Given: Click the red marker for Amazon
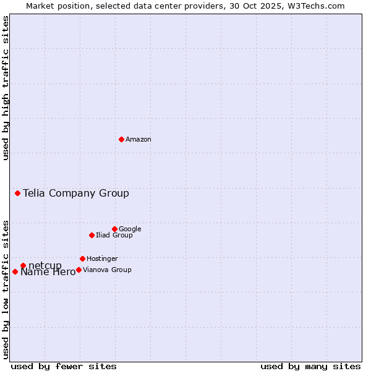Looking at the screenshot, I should tap(121, 139).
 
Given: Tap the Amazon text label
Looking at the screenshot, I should tap(139, 140).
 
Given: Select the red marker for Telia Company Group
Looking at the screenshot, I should tap(17, 193).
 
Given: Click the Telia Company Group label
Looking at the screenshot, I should tap(76, 194).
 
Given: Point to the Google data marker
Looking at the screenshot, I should tap(114, 229).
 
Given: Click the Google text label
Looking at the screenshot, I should tap(130, 229).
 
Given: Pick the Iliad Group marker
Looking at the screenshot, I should tap(92, 235).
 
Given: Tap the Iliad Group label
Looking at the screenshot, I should tap(114, 236).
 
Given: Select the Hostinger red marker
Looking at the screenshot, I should tap(82, 258).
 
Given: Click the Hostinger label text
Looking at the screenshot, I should tap(102, 259).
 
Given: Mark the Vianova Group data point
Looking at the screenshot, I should tap(79, 270).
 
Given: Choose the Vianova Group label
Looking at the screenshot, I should tap(107, 270).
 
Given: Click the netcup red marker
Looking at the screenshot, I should tap(23, 265).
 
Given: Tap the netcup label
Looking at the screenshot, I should tap(45, 266).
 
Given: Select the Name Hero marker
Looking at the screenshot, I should tap(15, 271).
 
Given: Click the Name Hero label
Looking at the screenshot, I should tap(48, 273).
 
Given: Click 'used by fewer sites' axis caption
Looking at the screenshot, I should tap(64, 367).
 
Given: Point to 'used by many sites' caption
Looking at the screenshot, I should tap(310, 367).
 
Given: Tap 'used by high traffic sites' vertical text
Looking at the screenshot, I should tap(6, 88).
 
